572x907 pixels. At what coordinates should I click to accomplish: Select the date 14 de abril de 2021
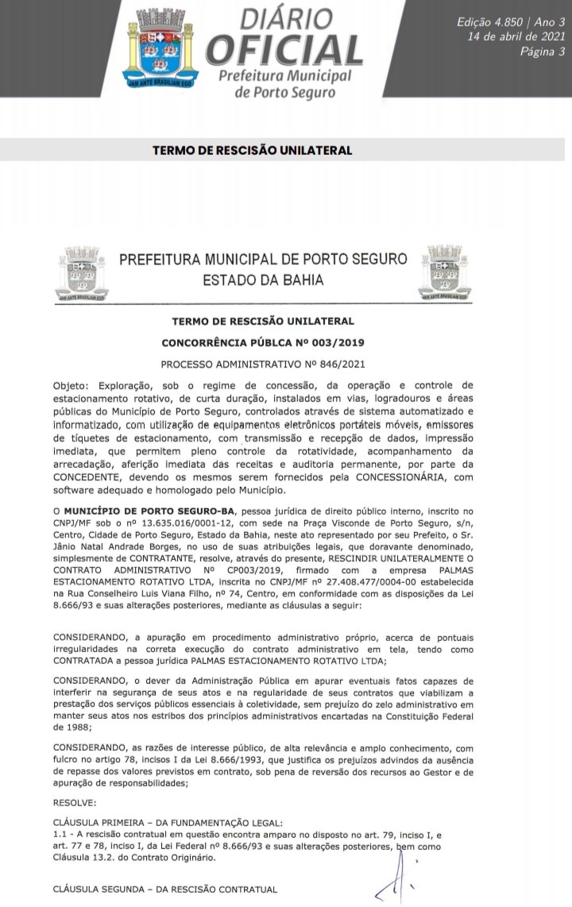click(x=517, y=37)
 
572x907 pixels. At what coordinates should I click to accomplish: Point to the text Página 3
click(x=543, y=52)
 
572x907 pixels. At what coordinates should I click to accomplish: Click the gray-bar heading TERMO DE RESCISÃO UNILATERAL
click(x=252, y=150)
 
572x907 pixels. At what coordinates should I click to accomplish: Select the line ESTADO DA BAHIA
click(x=263, y=280)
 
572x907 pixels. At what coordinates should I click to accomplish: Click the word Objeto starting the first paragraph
click(x=71, y=384)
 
